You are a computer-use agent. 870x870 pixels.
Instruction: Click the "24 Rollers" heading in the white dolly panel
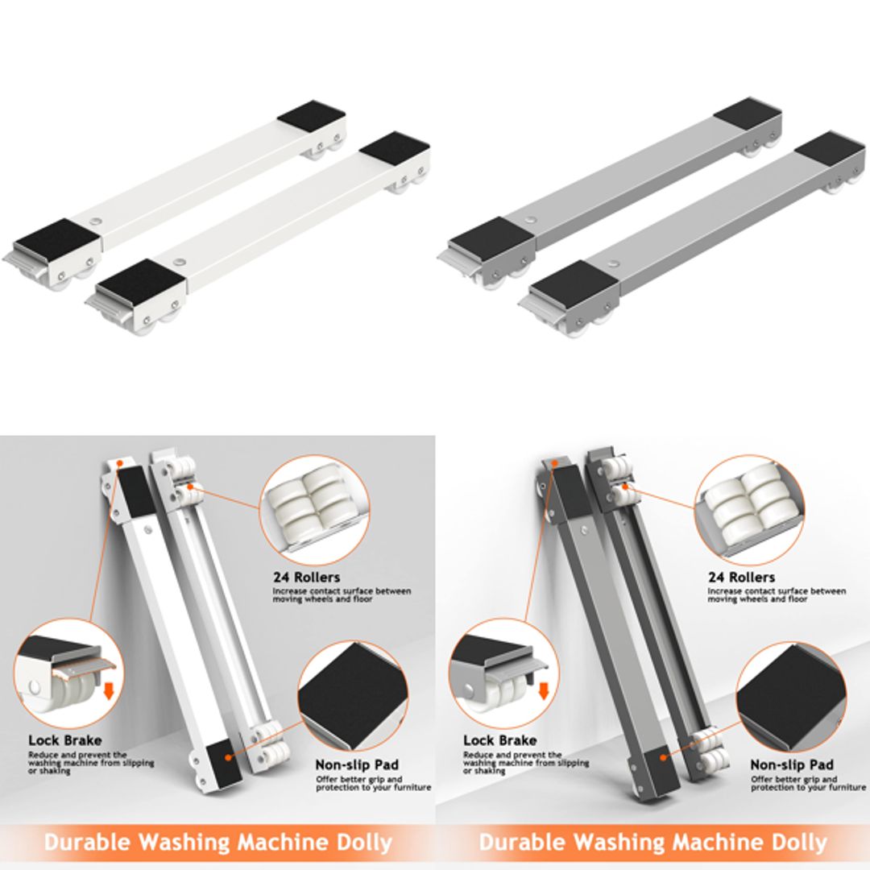tap(306, 577)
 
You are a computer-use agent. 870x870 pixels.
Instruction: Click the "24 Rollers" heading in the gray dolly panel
tap(741, 577)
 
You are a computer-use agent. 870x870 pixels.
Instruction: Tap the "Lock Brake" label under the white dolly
tap(65, 739)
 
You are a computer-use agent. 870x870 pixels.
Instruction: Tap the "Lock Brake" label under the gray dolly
tap(500, 739)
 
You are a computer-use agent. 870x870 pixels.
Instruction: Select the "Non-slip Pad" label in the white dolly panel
tap(357, 764)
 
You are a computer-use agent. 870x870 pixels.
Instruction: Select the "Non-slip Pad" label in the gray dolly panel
tap(792, 764)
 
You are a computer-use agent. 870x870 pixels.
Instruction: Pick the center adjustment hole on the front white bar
tap(178, 262)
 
